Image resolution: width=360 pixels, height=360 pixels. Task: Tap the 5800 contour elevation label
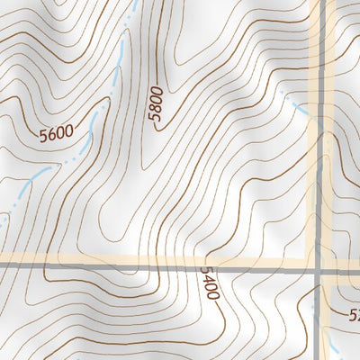point(157,104)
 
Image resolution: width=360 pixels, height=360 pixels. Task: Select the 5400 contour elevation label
point(210,283)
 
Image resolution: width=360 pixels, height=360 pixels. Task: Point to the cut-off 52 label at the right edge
point(354,316)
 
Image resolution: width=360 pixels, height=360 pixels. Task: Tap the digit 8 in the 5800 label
point(157,108)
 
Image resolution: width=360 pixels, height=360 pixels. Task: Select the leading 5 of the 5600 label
point(42,139)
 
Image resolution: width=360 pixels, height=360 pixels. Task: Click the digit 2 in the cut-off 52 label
point(356,316)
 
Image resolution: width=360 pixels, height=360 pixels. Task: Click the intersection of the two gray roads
point(319,268)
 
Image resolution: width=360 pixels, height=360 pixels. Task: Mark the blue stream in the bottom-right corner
point(333,346)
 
